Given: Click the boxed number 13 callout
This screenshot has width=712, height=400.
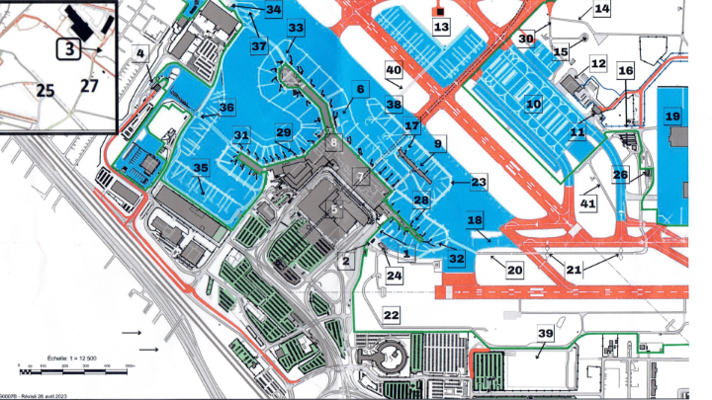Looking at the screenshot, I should (441, 26).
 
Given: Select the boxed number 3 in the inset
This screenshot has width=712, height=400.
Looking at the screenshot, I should (68, 47).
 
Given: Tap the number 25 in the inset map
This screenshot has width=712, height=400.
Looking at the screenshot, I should (44, 90).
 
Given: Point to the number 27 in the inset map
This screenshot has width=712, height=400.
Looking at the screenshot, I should (91, 87).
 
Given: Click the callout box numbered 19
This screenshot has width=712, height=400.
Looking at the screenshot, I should (673, 116).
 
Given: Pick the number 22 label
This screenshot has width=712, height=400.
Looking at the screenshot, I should (392, 314).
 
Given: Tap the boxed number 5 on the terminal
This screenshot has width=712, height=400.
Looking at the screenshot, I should (335, 208).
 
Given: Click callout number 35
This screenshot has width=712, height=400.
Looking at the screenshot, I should (202, 168).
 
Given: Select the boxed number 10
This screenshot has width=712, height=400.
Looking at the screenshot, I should (534, 103).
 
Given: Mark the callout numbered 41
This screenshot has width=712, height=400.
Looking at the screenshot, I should (589, 202).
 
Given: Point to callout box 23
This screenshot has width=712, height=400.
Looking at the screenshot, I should (479, 182).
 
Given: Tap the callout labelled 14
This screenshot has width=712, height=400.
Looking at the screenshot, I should (601, 9).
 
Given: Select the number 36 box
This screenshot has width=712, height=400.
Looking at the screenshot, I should (227, 108).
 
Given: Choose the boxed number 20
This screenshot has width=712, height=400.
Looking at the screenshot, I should (514, 269).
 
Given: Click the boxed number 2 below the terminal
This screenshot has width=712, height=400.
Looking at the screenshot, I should (346, 262).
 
